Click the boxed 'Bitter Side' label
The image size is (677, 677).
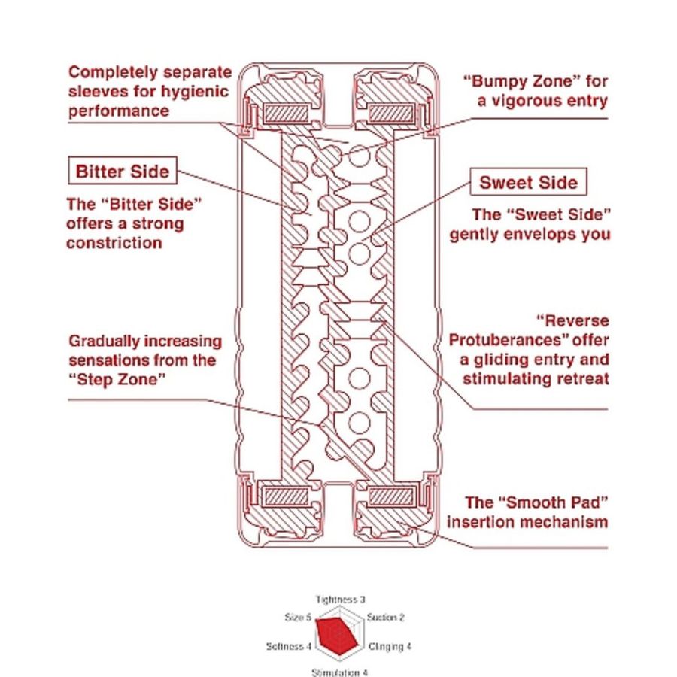[x=123, y=172]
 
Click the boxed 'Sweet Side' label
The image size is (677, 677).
[x=528, y=183]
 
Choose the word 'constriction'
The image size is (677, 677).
[x=114, y=244]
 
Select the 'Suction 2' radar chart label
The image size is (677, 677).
[x=386, y=618]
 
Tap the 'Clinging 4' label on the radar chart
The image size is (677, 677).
[x=390, y=646]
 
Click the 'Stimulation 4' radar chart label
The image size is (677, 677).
[x=339, y=672]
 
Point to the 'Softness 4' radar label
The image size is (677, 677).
[x=289, y=646]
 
